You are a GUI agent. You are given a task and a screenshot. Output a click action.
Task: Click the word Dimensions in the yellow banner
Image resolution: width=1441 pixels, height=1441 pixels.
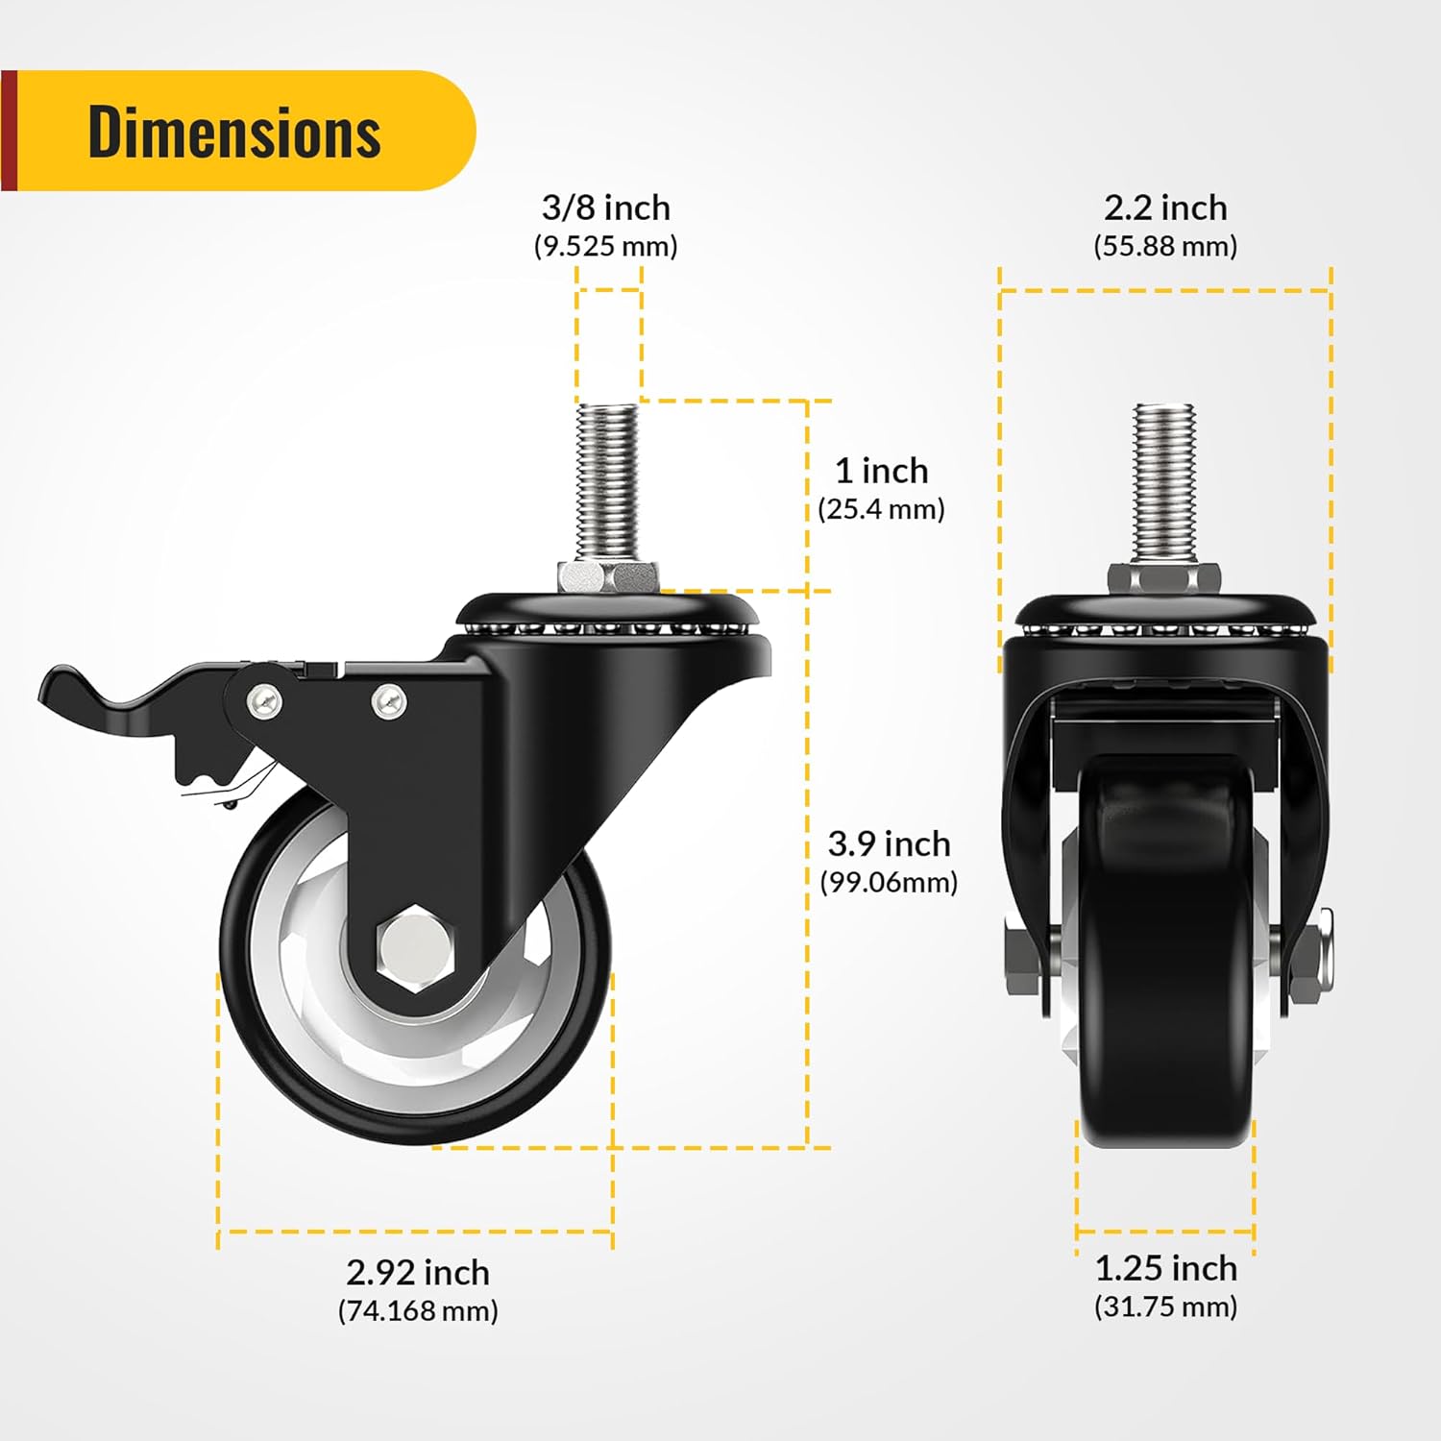pos(234,132)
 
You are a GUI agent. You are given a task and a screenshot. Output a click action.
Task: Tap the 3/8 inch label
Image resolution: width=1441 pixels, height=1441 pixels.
pos(605,208)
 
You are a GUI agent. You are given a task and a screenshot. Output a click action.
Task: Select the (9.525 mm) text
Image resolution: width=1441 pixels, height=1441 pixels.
pos(605,246)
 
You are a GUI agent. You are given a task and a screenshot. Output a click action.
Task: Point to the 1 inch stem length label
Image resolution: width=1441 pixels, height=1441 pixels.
pos(881,471)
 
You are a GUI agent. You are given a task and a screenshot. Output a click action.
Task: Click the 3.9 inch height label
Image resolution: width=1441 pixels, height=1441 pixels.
pos(889,843)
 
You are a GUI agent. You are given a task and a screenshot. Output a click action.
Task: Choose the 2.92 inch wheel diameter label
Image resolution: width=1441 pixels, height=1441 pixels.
pos(418,1272)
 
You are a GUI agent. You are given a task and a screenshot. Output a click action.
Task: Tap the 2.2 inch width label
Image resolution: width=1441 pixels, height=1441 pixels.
pos(1165,208)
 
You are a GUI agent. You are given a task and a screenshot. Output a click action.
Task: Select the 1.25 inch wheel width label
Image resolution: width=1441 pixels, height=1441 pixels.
pos(1165,1268)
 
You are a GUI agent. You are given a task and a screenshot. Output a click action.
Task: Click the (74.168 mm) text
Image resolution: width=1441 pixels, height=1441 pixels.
pos(418,1310)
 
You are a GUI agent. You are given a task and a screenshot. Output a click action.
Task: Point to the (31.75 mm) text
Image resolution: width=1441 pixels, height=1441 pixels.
pos(1165,1307)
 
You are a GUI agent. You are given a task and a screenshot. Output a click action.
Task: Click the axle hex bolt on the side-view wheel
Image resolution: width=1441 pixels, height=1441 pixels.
pos(415,947)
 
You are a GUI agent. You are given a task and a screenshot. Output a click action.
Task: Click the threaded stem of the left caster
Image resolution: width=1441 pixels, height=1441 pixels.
pos(607,480)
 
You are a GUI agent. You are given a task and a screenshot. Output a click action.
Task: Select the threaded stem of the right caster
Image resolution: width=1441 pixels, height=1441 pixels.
pos(1164,480)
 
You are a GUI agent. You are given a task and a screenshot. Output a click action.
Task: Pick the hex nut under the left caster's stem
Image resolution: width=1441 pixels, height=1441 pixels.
pos(607,576)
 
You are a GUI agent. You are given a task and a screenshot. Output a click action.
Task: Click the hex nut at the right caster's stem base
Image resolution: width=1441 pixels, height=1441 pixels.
pos(1164,577)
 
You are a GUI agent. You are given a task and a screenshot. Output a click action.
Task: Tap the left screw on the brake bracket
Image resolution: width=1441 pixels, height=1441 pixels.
pos(262,699)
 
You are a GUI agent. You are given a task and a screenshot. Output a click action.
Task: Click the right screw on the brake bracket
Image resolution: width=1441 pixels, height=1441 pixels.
pos(388,701)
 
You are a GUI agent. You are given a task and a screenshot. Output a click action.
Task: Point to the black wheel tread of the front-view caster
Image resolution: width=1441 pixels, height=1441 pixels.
pos(1164,961)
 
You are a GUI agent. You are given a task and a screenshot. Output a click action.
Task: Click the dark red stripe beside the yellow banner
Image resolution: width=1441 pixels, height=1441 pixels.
pos(9,131)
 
